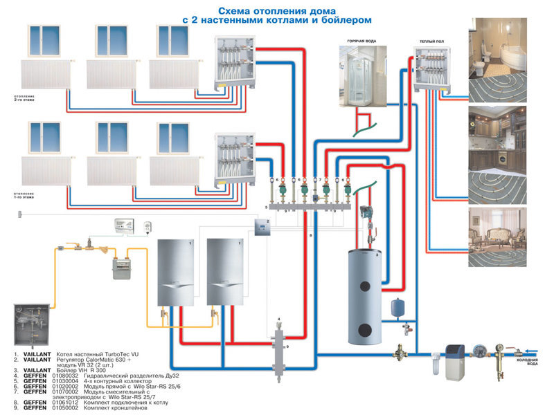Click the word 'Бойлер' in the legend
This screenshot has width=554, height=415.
[x=69, y=371]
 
